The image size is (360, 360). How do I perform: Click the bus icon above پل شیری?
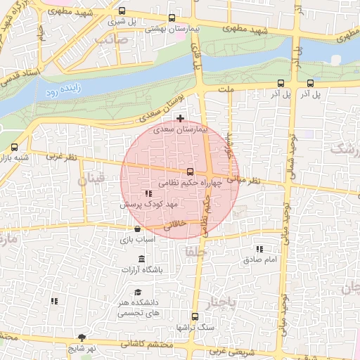123,11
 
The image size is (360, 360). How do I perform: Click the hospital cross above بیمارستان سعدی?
181,118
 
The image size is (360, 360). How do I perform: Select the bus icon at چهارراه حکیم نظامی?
190,172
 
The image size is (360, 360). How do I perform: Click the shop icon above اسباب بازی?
137,229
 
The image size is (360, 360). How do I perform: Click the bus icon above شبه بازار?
15,147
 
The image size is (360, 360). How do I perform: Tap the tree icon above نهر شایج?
82,338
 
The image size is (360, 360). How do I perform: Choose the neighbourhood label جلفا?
194,250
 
